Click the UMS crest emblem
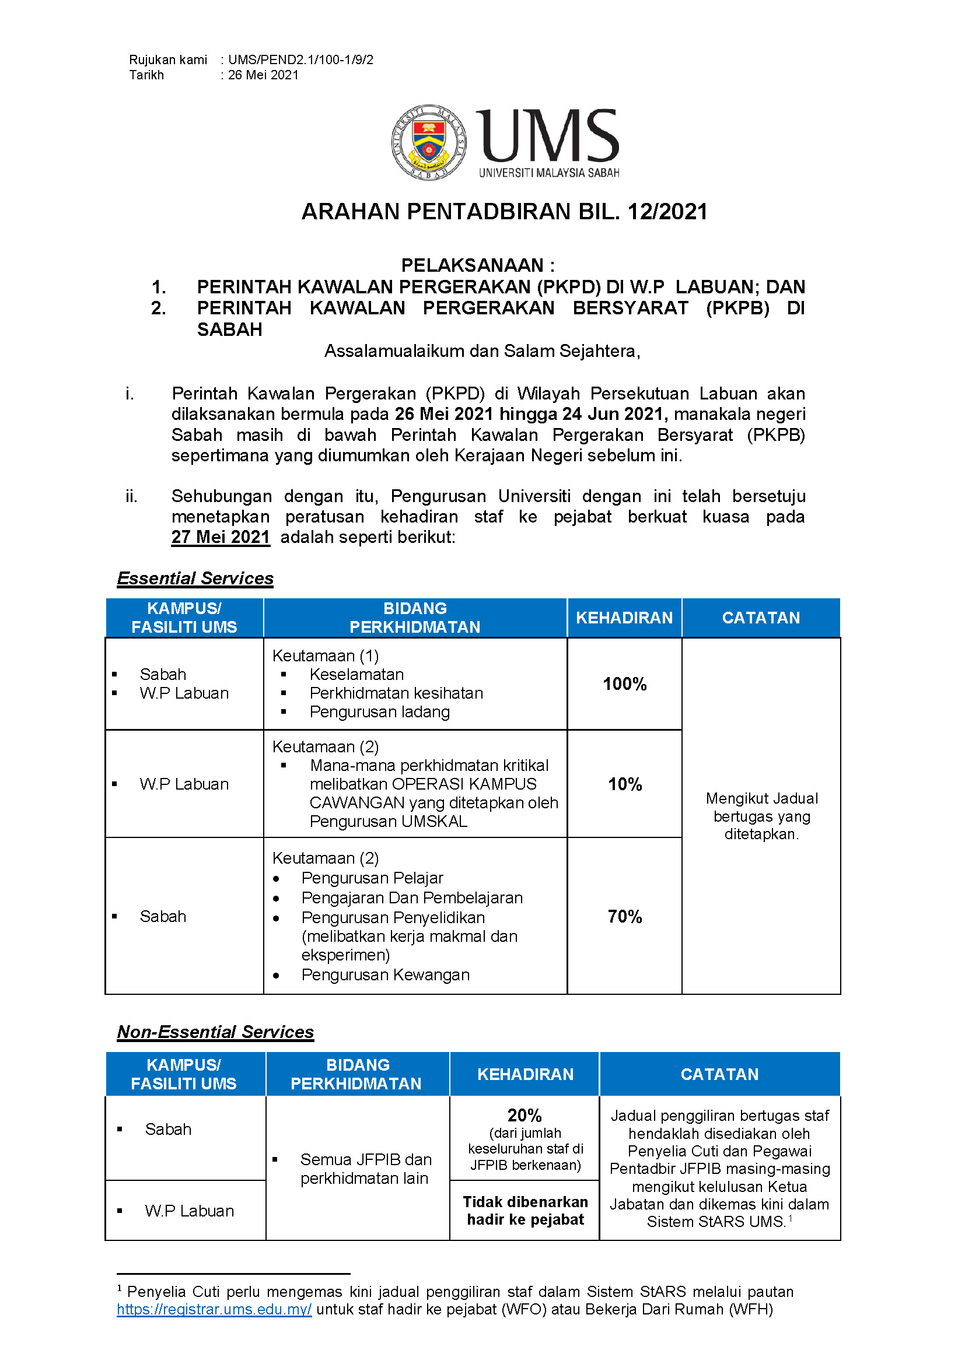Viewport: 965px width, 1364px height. click(x=428, y=142)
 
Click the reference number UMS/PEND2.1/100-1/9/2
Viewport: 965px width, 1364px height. click(x=300, y=60)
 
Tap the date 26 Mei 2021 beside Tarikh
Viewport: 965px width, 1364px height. click(x=263, y=75)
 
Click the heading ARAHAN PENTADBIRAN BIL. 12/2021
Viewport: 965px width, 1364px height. click(x=505, y=212)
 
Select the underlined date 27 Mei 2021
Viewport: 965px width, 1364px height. click(x=221, y=537)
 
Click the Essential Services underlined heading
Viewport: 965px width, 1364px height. click(x=195, y=578)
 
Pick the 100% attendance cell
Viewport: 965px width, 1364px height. click(x=624, y=684)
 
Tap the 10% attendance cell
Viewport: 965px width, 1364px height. click(x=624, y=784)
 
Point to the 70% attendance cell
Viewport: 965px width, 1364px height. click(x=624, y=917)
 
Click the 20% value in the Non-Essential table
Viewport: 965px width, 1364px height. click(x=525, y=1115)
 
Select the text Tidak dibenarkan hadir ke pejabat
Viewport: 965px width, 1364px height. click(x=525, y=1211)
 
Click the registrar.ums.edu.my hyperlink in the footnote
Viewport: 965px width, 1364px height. click(x=214, y=1309)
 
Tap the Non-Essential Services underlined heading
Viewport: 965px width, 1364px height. click(x=215, y=1032)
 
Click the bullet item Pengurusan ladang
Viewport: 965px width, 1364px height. click(x=380, y=711)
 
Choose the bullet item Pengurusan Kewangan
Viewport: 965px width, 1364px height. click(x=385, y=975)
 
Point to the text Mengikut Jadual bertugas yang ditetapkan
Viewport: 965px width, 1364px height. click(x=762, y=816)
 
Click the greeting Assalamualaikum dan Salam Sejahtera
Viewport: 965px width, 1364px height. click(x=482, y=351)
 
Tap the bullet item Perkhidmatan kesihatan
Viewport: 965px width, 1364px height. click(x=396, y=693)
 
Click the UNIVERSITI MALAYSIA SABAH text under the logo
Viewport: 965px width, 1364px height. click(x=549, y=173)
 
